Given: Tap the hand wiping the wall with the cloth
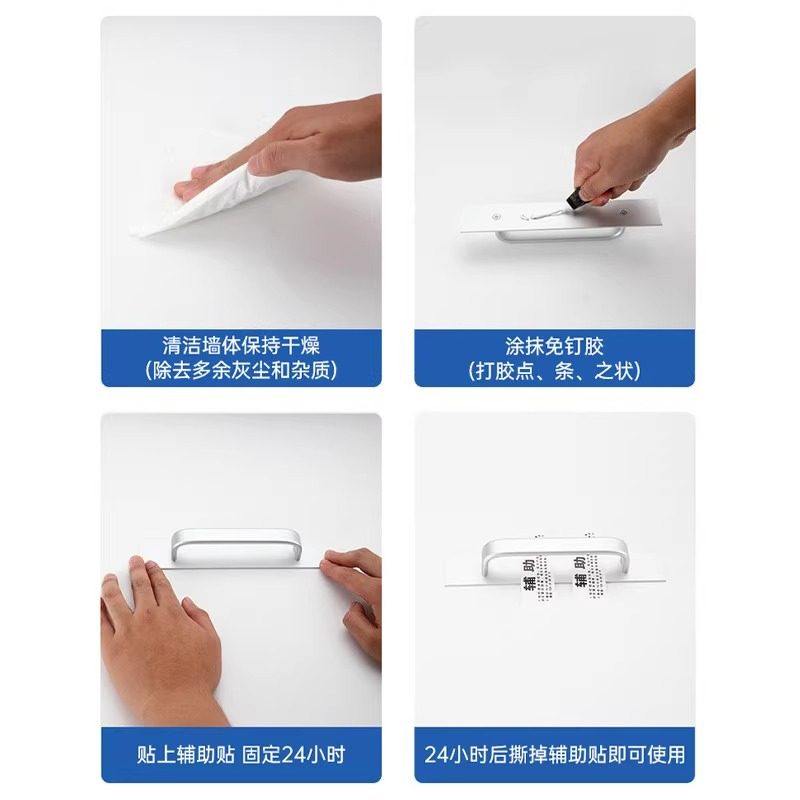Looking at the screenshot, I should (x=300, y=140).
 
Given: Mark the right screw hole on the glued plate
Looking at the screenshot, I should (x=627, y=211).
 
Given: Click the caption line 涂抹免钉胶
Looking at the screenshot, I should (x=554, y=346).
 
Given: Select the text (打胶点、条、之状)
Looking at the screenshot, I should (x=554, y=370).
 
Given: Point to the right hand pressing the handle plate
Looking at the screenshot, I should (x=355, y=600).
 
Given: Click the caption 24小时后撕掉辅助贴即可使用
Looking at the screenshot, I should (x=554, y=753).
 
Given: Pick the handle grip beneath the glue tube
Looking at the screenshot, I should (x=560, y=236).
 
